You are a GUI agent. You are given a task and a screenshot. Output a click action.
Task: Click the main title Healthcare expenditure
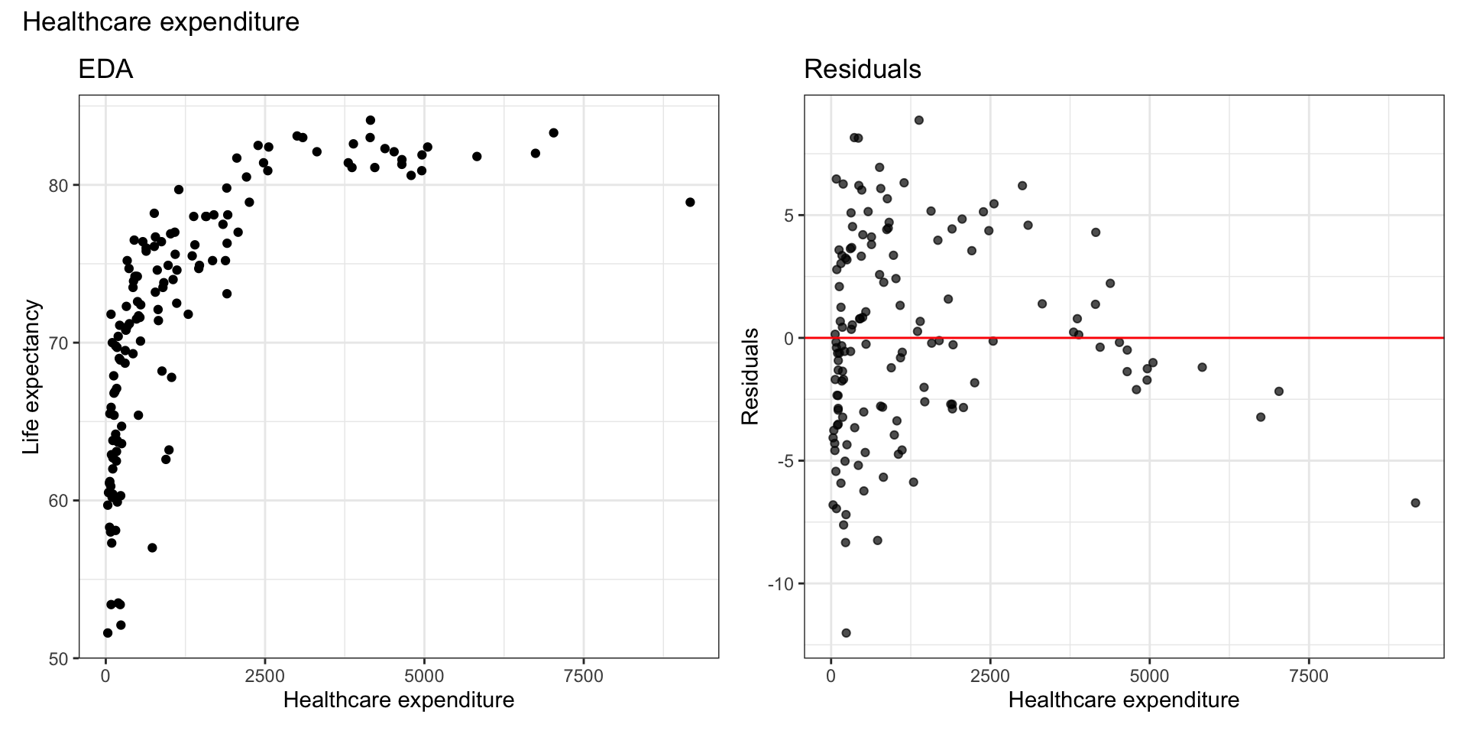point(160,22)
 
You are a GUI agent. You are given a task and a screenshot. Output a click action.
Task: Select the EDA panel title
point(105,70)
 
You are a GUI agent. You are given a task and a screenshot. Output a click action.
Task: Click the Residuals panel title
point(862,70)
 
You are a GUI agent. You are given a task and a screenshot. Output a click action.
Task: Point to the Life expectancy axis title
point(31,377)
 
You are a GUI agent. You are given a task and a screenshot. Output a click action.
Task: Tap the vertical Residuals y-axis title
point(750,376)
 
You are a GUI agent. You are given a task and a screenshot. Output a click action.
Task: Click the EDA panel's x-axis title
point(398,700)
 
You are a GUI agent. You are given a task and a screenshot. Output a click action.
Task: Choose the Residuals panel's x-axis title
point(1123,700)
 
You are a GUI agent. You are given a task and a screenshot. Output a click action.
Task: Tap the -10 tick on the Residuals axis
point(782,584)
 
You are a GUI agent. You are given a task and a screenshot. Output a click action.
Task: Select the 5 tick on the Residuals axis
point(789,215)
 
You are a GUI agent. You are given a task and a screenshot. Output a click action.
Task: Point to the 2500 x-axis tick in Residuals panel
point(989,676)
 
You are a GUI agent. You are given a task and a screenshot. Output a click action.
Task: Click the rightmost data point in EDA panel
point(690,202)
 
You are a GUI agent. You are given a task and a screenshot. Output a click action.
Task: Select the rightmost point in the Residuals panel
point(1415,502)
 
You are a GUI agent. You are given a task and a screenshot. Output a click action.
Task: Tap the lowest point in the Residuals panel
point(846,633)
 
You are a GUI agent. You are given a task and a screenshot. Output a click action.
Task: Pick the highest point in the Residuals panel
point(919,120)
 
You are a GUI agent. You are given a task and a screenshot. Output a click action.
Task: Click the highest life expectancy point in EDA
point(371,120)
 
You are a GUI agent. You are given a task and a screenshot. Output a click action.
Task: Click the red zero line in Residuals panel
point(1222,337)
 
